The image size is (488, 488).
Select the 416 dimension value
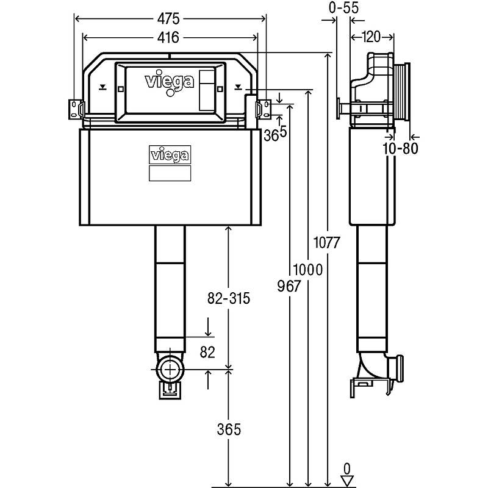[x=169, y=37]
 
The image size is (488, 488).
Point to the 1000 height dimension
[x=308, y=269]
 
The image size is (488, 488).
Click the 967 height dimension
[x=289, y=287]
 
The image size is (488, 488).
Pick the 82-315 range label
[x=228, y=298]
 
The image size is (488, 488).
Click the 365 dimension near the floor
[x=229, y=429]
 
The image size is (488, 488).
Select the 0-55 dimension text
[x=343, y=8]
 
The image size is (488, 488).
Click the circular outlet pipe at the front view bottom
[x=170, y=369]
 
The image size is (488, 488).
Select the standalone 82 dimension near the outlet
[x=209, y=353]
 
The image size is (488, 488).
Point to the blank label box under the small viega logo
[x=170, y=173]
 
